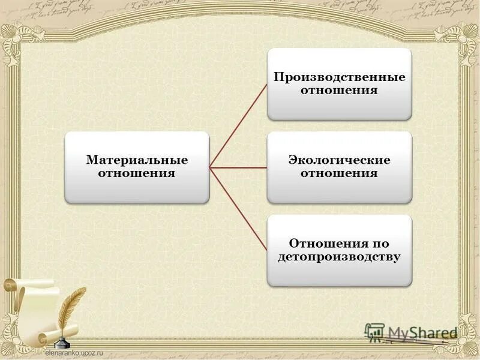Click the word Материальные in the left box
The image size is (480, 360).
[137, 160]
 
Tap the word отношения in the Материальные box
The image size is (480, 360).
[137, 173]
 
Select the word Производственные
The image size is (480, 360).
[340, 77]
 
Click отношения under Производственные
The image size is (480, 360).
[340, 91]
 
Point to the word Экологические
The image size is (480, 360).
[340, 160]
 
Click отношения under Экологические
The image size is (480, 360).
[340, 173]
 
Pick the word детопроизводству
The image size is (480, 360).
[340, 257]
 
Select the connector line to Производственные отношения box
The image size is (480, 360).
[239, 125]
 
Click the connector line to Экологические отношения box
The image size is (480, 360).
[239, 167]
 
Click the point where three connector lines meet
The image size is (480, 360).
[211, 167]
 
